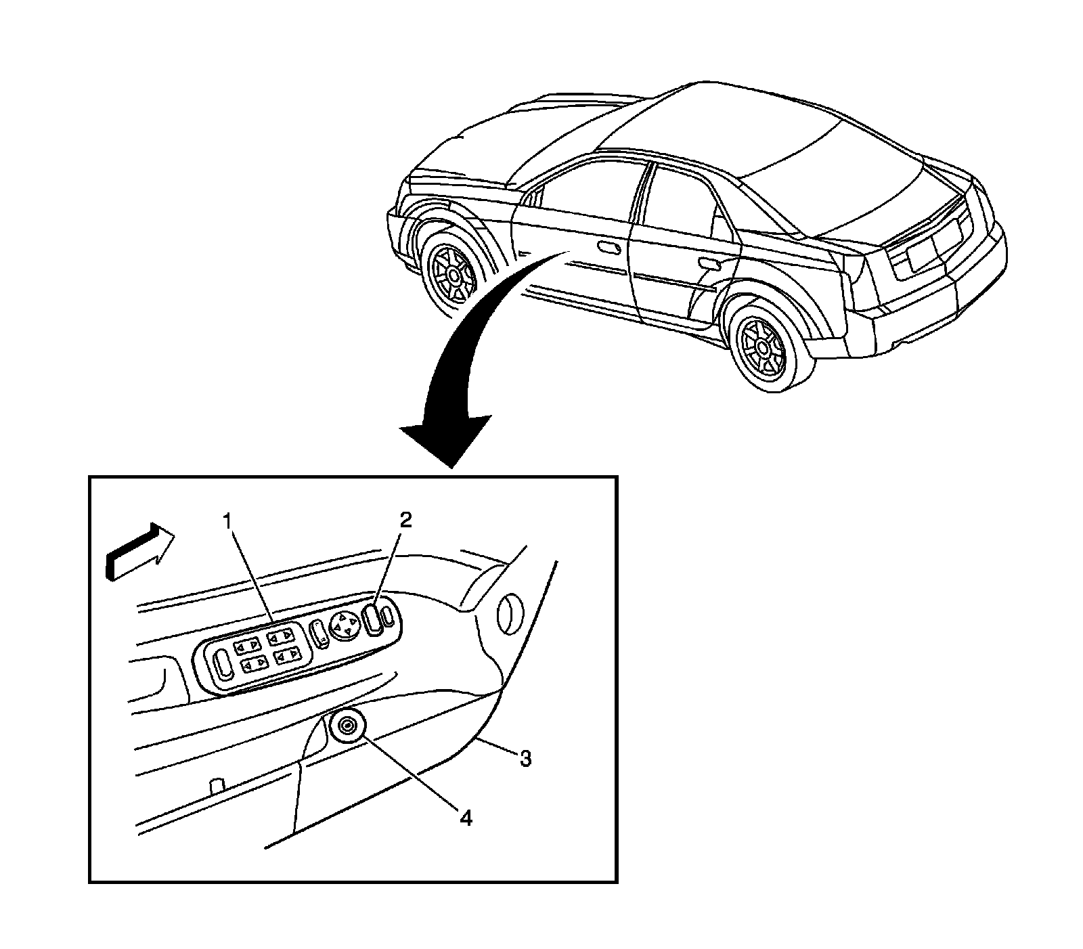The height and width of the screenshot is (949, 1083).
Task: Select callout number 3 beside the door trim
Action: tap(525, 759)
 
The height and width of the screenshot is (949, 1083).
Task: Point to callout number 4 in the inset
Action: tap(465, 818)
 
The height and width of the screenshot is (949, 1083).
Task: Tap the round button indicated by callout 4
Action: tap(348, 727)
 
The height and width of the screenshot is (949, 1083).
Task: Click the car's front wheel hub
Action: tap(450, 275)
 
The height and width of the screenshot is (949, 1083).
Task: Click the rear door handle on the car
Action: tap(710, 262)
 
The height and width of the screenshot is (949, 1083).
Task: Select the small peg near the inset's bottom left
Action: tap(217, 786)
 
